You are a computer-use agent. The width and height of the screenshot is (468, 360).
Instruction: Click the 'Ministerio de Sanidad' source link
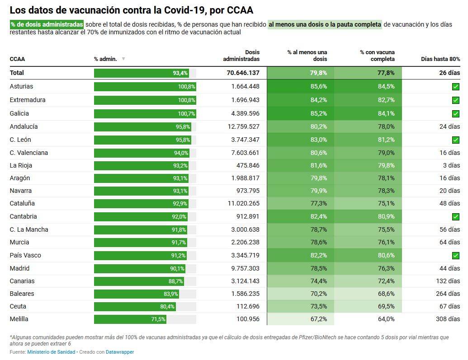(x=51, y=352)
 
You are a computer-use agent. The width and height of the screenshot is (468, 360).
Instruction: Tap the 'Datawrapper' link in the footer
(x=120, y=352)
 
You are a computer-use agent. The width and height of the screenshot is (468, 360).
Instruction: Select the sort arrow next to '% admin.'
(x=123, y=59)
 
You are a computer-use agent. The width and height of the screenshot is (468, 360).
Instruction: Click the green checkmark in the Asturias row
(x=455, y=87)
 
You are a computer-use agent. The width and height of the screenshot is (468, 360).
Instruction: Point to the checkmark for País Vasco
(x=455, y=256)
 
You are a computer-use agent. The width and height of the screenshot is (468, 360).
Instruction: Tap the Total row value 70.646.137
(x=243, y=73)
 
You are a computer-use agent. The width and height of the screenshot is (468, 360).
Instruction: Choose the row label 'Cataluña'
(x=22, y=204)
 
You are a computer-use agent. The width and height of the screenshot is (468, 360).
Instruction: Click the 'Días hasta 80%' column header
(x=440, y=59)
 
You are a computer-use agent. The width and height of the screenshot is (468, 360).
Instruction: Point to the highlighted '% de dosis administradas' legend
(x=47, y=24)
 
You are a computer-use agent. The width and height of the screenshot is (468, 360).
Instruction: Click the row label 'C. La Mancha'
(x=29, y=229)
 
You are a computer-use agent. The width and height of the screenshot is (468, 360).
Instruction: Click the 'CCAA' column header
(x=17, y=59)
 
